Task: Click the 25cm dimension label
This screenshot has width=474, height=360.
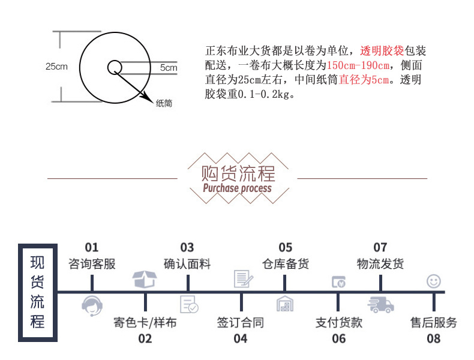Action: [56, 66]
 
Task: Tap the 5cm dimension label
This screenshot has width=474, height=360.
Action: [169, 68]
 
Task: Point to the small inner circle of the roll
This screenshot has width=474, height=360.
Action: [114, 67]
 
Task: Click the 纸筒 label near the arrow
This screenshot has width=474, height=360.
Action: [164, 103]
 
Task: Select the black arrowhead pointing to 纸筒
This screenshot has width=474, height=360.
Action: [145, 95]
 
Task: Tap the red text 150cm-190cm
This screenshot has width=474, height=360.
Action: [358, 65]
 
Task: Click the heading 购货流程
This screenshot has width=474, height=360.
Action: [238, 173]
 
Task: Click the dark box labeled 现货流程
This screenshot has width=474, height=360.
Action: [37, 292]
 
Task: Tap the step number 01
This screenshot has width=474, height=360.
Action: [91, 247]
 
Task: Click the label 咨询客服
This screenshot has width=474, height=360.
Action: [92, 263]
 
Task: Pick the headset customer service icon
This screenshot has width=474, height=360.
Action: [91, 305]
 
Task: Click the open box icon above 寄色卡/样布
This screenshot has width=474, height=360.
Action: [145, 279]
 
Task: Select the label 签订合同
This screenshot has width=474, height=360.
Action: [240, 323]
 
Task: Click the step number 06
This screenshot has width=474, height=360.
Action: [338, 338]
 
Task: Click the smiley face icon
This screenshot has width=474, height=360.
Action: [433, 281]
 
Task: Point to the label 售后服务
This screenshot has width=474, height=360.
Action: [433, 323]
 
